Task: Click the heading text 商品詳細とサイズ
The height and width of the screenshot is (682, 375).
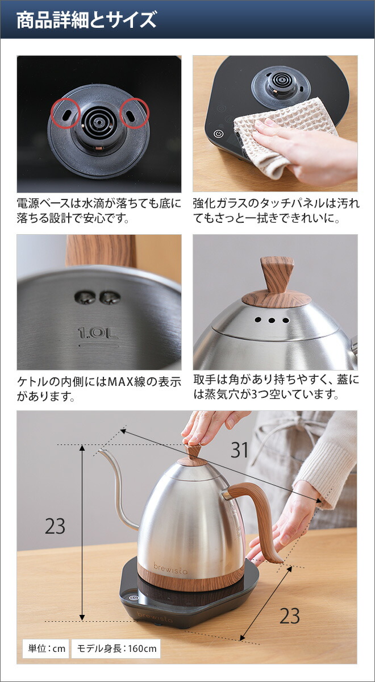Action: (86, 20)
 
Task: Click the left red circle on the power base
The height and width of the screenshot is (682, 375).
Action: (65, 114)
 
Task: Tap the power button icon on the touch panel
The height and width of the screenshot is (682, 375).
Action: (218, 135)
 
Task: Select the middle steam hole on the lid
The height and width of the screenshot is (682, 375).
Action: (271, 320)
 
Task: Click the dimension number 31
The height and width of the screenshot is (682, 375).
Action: (240, 450)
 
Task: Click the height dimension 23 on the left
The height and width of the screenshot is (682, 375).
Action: (55, 526)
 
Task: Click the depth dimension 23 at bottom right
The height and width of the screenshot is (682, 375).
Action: (290, 616)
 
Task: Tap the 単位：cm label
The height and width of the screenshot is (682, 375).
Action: (45, 648)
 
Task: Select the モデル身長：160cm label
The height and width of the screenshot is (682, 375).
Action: (115, 648)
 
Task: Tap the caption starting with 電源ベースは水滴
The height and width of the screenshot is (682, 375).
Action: (99, 210)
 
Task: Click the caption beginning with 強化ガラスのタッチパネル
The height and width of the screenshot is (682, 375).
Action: (276, 210)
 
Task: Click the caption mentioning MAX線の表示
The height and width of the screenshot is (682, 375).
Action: (99, 388)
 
